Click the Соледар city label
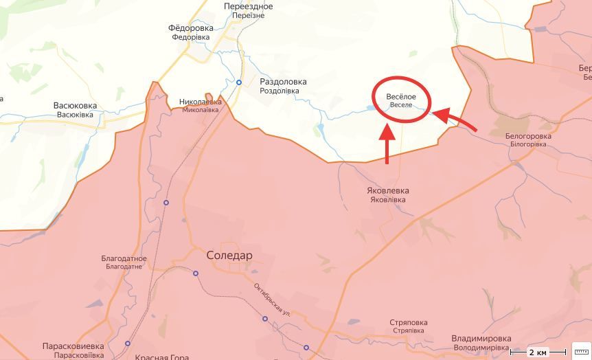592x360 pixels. [x=229, y=256]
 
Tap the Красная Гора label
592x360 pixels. [x=162, y=357]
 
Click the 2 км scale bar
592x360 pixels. [x=538, y=352]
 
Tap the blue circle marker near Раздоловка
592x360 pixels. [x=239, y=82]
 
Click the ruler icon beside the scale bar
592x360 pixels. [x=581, y=350]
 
